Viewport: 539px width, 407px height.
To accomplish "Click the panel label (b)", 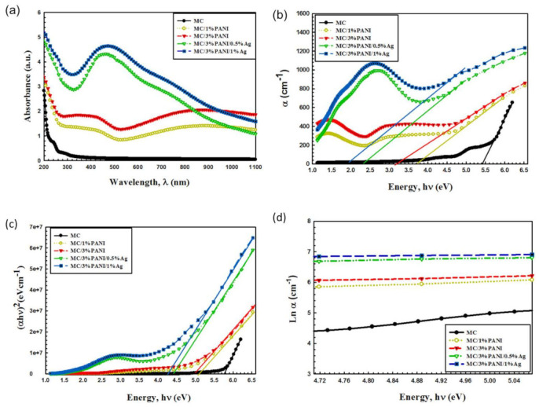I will click(285, 11).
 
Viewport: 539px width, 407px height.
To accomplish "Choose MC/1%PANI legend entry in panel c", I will click(86, 244).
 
